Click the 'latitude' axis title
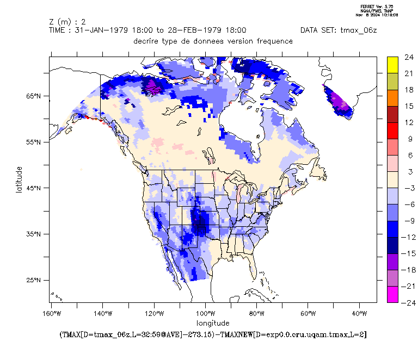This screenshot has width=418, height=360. point(20,182)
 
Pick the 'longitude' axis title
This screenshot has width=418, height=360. point(213,324)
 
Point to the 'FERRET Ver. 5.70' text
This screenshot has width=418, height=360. point(378,6)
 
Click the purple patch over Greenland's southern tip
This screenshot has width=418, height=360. point(341,103)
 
